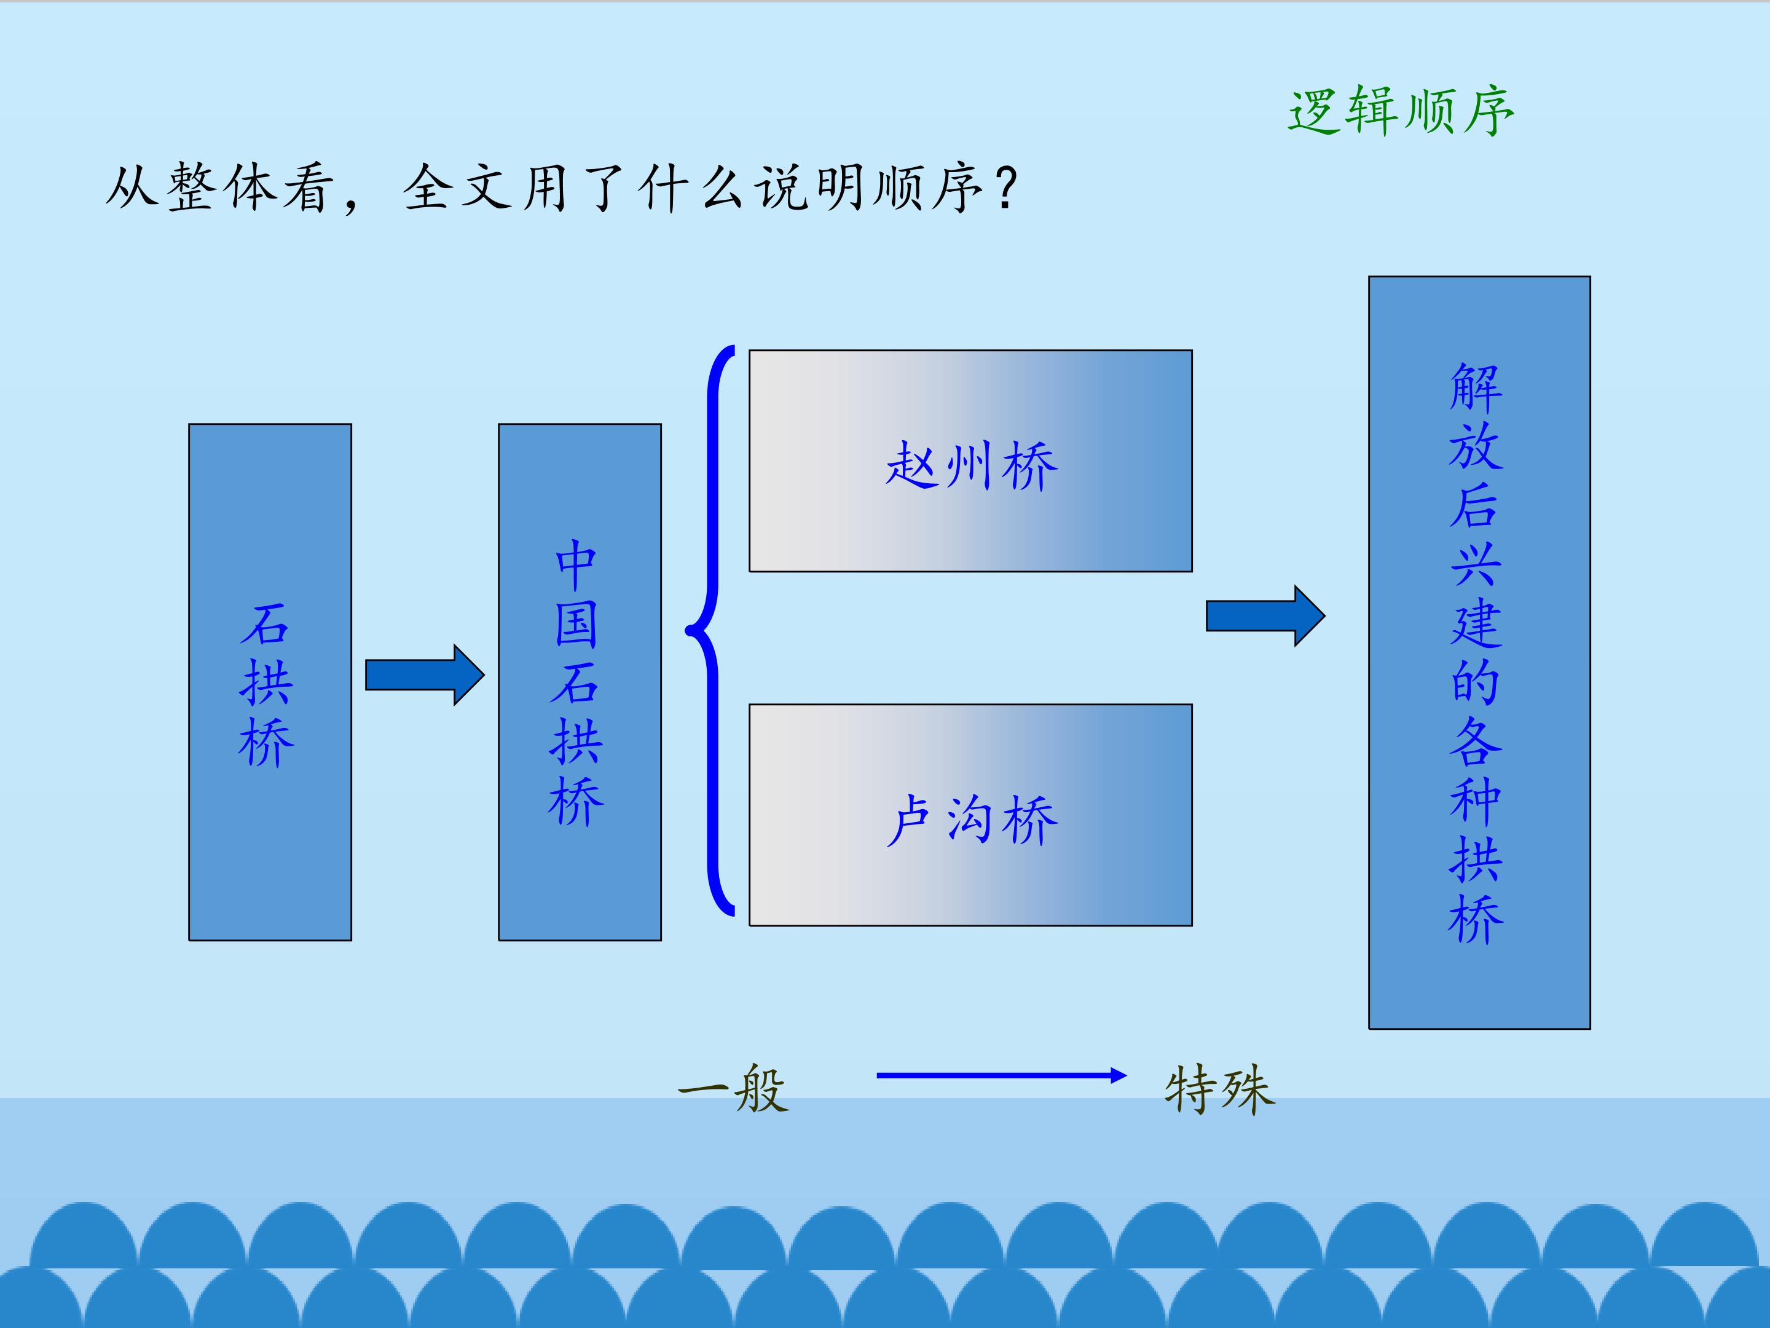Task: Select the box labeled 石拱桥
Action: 270,682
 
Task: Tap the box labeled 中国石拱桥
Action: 580,682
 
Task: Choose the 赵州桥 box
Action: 970,461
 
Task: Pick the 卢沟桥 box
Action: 970,815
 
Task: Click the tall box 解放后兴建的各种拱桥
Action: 1479,652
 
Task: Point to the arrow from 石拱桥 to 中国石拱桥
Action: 425,675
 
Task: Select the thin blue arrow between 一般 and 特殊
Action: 1002,1076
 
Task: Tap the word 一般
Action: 733,1089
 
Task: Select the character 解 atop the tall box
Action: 1476,387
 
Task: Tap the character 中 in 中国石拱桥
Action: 576,566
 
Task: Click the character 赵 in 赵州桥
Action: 912,464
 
